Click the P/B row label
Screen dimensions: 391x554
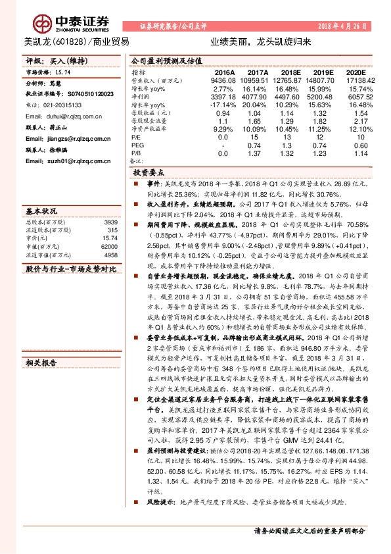pyautogui.click(x=137, y=153)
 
